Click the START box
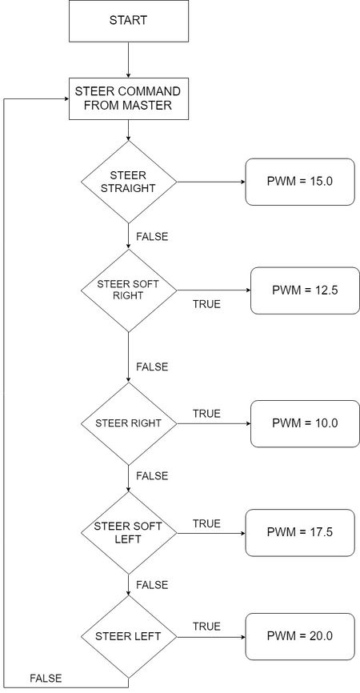pyautogui.click(x=129, y=21)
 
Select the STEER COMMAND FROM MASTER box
pyautogui.click(x=129, y=98)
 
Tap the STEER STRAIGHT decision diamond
pyautogui.click(x=129, y=182)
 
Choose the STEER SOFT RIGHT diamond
pyautogui.click(x=129, y=290)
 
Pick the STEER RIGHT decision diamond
pyautogui.click(x=129, y=423)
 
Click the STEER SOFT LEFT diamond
pyautogui.click(x=129, y=533)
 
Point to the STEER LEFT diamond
pyautogui.click(x=129, y=637)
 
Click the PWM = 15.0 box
pyautogui.click(x=300, y=182)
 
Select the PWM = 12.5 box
pyautogui.click(x=306, y=290)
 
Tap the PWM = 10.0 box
pyautogui.click(x=306, y=423)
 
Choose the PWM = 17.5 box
pyautogui.click(x=300, y=533)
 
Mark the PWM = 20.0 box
pyautogui.click(x=300, y=637)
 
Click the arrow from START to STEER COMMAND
pyautogui.click(x=129, y=60)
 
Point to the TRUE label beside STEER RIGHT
pyautogui.click(x=206, y=414)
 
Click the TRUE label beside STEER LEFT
pyautogui.click(x=206, y=627)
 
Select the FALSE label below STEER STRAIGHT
pyautogui.click(x=152, y=236)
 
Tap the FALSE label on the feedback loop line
pyautogui.click(x=46, y=678)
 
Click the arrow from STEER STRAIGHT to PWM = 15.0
pyautogui.click(x=211, y=182)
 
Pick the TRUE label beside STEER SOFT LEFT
pyautogui.click(x=206, y=523)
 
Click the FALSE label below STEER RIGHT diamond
pyautogui.click(x=152, y=476)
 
